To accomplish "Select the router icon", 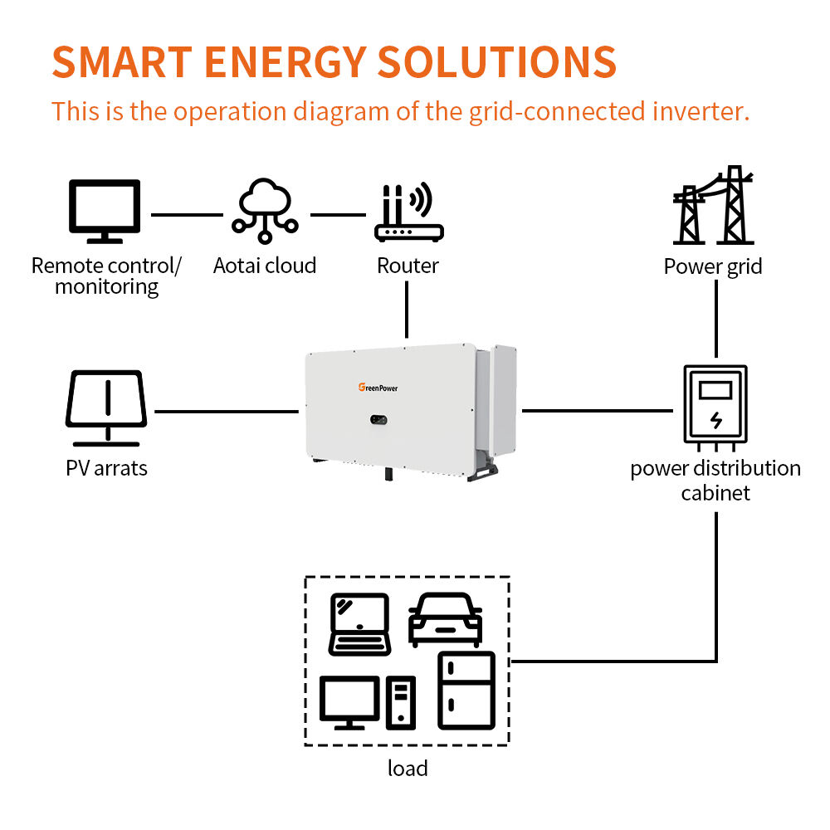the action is [x=408, y=212].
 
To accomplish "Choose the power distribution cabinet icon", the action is [x=715, y=408].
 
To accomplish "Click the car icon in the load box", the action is [x=445, y=620].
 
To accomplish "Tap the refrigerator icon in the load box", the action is [x=466, y=691].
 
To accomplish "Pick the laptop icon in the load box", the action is [x=360, y=625].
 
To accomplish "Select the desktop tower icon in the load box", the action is [x=401, y=703].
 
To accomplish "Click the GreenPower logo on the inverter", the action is [x=378, y=388].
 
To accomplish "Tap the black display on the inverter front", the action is [x=378, y=420].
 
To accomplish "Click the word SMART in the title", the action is [x=122, y=62].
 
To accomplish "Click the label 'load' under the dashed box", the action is [x=408, y=768].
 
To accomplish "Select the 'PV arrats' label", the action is [x=106, y=468].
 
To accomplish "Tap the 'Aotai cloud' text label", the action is [x=265, y=266].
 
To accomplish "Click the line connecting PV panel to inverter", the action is [x=227, y=412].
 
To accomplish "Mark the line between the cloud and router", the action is [x=339, y=215].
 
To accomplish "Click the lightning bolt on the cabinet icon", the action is [x=716, y=420].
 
